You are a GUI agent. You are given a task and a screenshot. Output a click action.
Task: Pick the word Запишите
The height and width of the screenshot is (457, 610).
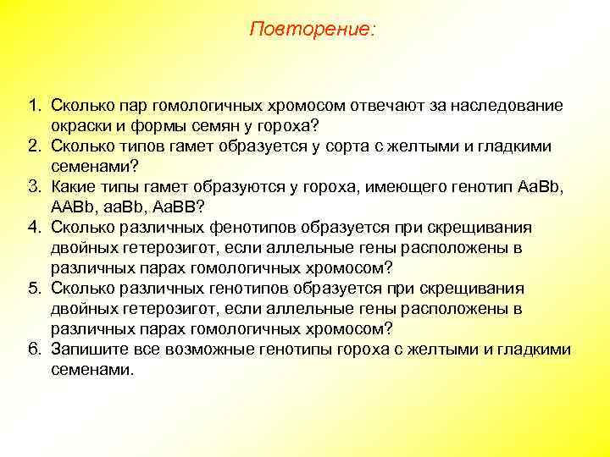(88, 350)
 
